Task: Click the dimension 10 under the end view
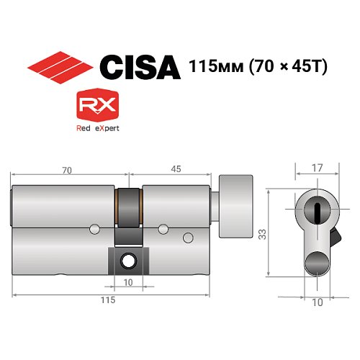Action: point(318,303)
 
